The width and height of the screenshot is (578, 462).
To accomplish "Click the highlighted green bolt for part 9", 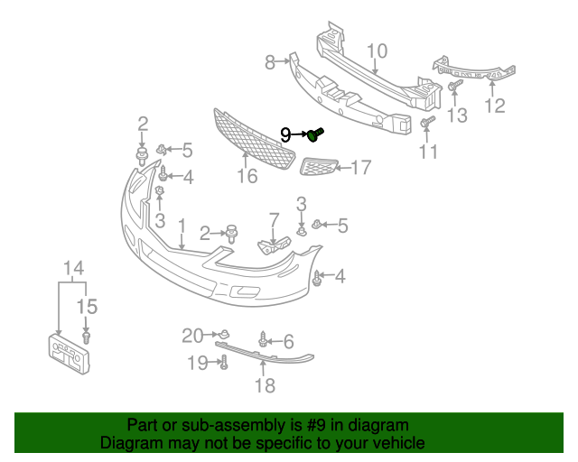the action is [315, 135].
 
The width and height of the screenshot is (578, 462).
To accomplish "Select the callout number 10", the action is [377, 51].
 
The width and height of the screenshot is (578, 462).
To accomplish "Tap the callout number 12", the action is [494, 106].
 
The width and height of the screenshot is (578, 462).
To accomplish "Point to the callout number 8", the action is [270, 62].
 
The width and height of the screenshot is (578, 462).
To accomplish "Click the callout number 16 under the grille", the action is [247, 177].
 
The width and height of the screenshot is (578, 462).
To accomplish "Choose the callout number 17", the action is [360, 167].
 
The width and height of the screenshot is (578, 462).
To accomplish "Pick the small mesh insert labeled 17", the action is [317, 167].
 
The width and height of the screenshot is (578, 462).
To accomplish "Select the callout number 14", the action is [73, 268].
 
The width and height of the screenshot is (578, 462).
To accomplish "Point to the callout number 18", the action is [264, 386].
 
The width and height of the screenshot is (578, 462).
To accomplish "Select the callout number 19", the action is [198, 363].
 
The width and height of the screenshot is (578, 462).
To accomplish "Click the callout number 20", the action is [192, 336].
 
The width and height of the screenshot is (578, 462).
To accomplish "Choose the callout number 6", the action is [288, 341].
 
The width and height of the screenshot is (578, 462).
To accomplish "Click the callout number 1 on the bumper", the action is [182, 225].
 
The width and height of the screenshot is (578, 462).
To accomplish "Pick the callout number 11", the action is [428, 152].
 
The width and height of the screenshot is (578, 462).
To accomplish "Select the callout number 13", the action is [458, 115].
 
